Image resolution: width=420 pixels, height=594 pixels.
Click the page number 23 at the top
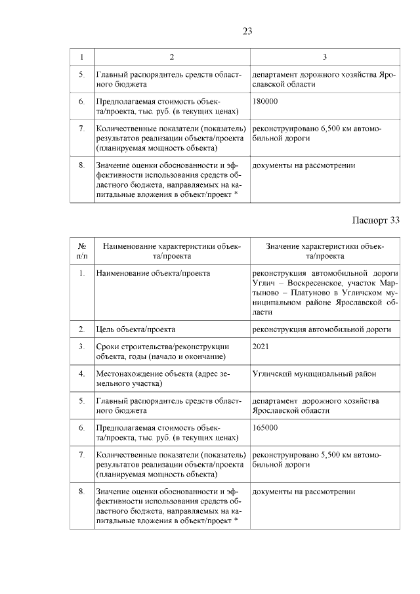point(247,30)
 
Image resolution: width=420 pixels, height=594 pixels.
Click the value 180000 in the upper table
point(264,102)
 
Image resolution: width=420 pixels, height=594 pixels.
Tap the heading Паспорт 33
point(375,220)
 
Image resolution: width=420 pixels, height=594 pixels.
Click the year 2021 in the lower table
point(261,346)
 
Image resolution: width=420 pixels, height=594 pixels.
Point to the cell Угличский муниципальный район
point(314,373)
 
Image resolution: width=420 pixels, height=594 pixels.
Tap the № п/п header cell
point(82,250)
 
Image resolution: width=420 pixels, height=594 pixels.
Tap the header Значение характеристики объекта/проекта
point(325,250)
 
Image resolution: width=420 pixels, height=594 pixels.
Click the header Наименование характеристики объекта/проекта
point(171,250)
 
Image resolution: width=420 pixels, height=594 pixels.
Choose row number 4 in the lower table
point(82,373)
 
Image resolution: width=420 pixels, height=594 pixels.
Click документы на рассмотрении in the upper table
point(303,165)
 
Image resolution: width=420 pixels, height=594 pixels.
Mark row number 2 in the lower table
point(82,328)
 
